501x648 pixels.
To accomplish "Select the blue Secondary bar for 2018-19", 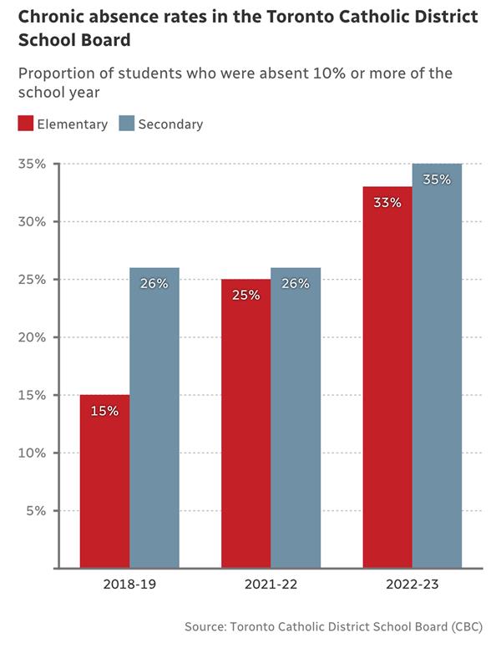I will (154, 418).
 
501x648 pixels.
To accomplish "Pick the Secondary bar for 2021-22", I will (296, 418).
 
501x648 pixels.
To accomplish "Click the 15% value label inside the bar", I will (104, 410).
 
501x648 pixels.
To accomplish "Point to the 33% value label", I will (387, 202).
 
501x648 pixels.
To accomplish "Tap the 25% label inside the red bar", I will (246, 295).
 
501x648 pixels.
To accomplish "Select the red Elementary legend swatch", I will (26, 124).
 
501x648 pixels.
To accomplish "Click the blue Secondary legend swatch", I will (126, 124).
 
